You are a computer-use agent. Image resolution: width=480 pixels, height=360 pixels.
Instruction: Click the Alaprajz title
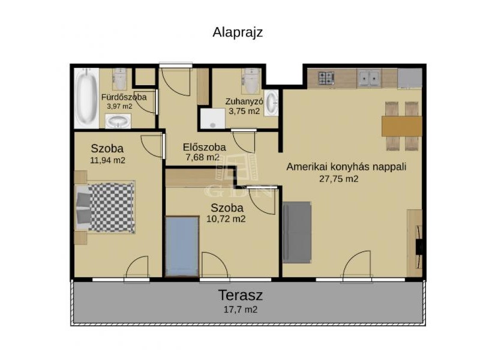pyautogui.click(x=238, y=32)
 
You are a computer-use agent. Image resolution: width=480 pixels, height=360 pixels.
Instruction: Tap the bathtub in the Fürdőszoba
pyautogui.click(x=86, y=98)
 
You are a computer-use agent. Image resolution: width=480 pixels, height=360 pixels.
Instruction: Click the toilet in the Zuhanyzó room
pyautogui.click(x=251, y=80)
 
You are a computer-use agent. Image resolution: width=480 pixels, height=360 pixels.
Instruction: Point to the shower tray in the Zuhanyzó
pyautogui.click(x=213, y=118)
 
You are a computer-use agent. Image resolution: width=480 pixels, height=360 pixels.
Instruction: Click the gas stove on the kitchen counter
pyautogui.click(x=326, y=78)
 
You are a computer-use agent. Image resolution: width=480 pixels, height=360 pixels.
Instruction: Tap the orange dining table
pyautogui.click(x=401, y=126)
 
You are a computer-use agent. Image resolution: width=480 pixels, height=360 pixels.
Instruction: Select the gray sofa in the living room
pyautogui.click(x=296, y=232)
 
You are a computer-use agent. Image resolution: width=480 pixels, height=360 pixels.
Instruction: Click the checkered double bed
pyautogui.click(x=105, y=207)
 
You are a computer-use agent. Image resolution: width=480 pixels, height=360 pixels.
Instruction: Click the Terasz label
pyautogui.click(x=241, y=295)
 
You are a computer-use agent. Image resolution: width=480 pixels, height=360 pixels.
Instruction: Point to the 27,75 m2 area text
pyautogui.click(x=338, y=179)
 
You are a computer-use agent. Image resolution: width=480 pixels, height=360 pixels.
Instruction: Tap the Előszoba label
pyautogui.click(x=204, y=147)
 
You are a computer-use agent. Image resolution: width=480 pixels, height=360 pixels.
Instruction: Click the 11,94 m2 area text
pyautogui.click(x=107, y=160)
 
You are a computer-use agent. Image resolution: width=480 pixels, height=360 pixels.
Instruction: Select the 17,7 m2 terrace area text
pyautogui.click(x=241, y=310)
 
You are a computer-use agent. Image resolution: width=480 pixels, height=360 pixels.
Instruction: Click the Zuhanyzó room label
pyautogui.click(x=244, y=101)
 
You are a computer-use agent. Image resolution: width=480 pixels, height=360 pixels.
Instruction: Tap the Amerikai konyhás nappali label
pyautogui.click(x=346, y=167)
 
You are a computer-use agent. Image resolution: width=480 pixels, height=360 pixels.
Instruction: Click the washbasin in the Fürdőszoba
pyautogui.click(x=118, y=121)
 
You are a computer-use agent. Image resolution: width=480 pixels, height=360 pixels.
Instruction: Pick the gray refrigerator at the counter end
pyautogui.click(x=410, y=79)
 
